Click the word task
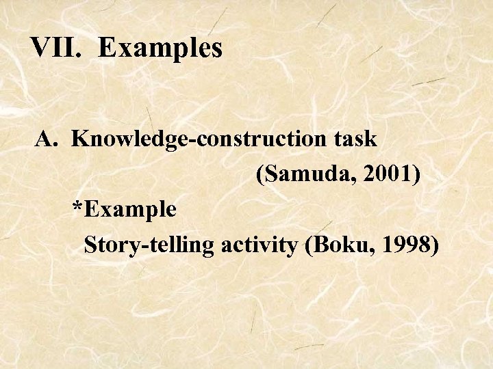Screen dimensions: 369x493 (355, 139)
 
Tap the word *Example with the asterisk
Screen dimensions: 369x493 (125, 209)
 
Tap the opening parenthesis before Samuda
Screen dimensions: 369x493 (260, 174)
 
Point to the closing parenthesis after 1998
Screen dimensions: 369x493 (434, 244)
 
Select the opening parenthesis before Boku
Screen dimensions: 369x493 (312, 244)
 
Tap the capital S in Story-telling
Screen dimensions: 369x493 (89, 244)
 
